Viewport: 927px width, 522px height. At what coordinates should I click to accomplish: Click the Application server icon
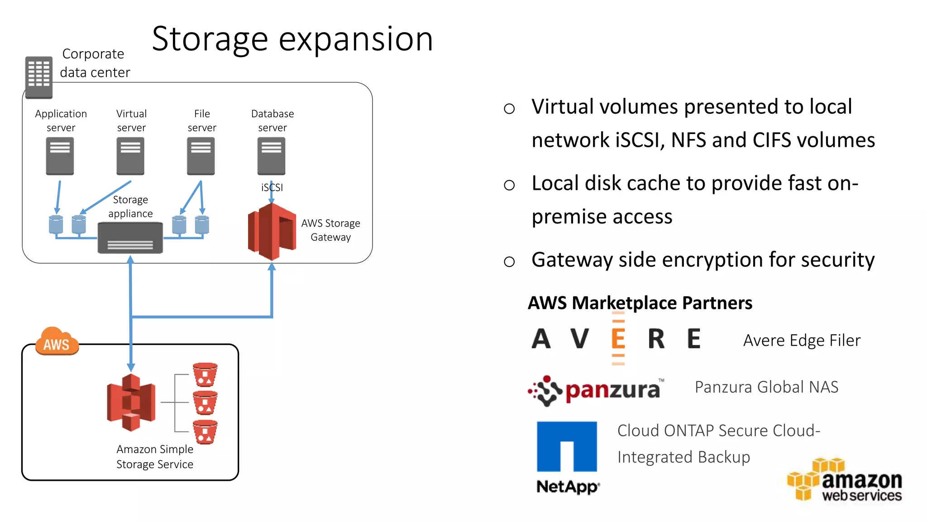point(60,156)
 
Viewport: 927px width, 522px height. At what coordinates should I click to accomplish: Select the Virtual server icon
point(130,156)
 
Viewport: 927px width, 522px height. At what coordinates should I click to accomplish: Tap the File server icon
point(201,156)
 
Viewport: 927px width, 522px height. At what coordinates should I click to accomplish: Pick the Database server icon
point(272,156)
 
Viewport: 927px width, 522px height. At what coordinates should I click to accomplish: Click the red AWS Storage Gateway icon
point(272,231)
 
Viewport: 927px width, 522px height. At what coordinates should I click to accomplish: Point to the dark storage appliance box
point(130,238)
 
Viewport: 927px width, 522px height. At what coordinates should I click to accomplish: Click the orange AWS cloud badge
point(57,342)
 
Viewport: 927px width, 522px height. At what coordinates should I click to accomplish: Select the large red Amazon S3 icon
point(131,402)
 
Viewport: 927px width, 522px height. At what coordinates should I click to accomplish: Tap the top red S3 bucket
point(205,374)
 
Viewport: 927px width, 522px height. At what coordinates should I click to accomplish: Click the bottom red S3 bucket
point(205,432)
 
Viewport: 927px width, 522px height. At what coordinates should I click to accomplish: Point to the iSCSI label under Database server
point(272,187)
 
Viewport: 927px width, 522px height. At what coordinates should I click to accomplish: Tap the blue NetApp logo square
point(567,446)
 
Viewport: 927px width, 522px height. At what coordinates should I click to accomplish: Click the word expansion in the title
point(356,40)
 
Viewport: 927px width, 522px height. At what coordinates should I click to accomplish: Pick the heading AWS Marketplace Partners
point(640,303)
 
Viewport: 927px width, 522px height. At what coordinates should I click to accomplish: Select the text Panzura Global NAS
point(766,387)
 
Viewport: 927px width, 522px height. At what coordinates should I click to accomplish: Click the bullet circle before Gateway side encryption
point(509,261)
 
